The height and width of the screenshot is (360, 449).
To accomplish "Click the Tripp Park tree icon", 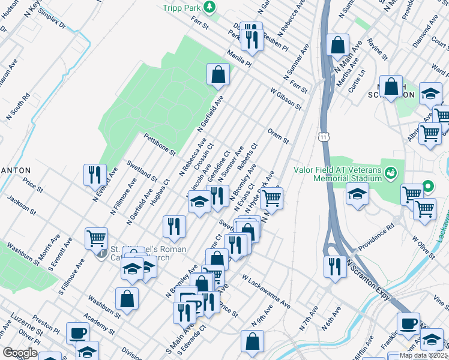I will [209, 7].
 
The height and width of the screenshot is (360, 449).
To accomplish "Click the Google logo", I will [20, 353].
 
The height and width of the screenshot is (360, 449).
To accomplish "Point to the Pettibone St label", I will [158, 144].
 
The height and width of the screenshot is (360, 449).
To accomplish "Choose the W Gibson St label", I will [285, 99].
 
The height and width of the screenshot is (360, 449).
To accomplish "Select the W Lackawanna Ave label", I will [266, 293].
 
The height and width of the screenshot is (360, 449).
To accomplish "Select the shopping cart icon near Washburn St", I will [96, 238].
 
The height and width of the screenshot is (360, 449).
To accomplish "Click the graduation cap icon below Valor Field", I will [357, 194].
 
